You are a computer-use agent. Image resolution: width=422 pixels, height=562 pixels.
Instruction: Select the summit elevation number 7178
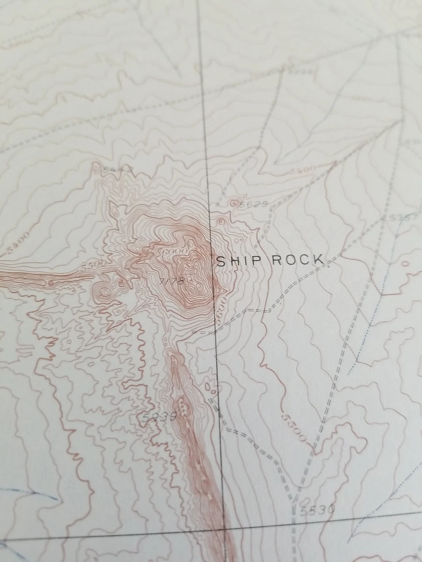click(171, 281)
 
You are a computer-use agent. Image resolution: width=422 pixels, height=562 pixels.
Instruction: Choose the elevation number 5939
click(159, 416)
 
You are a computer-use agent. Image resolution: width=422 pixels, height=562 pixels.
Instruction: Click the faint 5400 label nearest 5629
click(301, 170)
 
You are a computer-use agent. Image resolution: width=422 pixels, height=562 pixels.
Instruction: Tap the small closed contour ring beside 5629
click(234, 203)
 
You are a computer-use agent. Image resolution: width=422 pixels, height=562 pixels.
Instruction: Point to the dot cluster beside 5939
click(182, 408)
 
